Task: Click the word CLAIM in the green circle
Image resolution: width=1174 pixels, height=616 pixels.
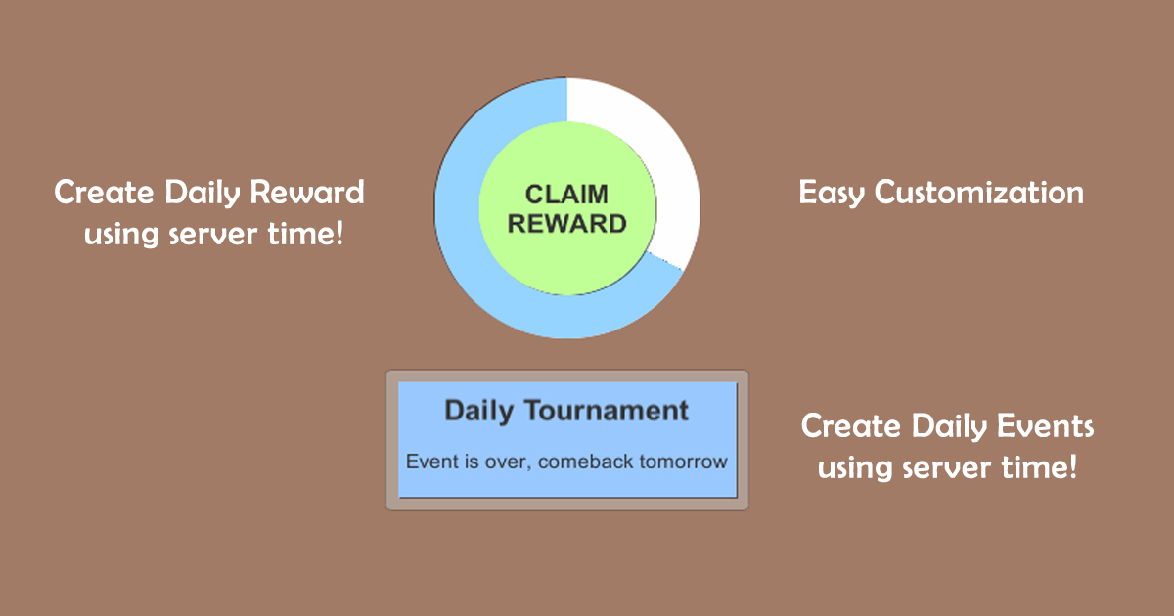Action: click(567, 195)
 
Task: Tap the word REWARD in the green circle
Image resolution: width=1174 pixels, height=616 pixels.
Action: click(567, 224)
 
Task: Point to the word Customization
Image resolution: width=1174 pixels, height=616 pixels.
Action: click(979, 193)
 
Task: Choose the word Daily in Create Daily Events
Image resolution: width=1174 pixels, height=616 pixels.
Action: click(949, 427)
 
